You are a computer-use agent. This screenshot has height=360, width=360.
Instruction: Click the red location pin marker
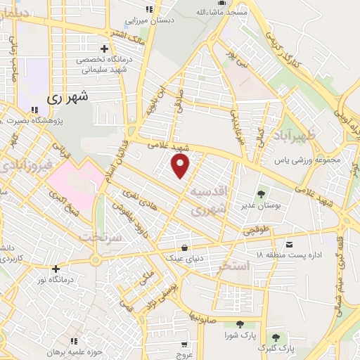(181, 166)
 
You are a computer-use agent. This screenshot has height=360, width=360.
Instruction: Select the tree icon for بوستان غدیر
(261, 193)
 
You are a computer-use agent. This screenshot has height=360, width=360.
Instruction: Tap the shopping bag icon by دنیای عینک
(184, 247)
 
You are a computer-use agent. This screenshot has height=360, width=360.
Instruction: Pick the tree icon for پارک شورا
(240, 324)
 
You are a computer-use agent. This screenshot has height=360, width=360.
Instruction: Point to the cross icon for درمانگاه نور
(56, 269)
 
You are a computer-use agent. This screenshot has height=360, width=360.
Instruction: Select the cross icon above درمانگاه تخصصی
(105, 49)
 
